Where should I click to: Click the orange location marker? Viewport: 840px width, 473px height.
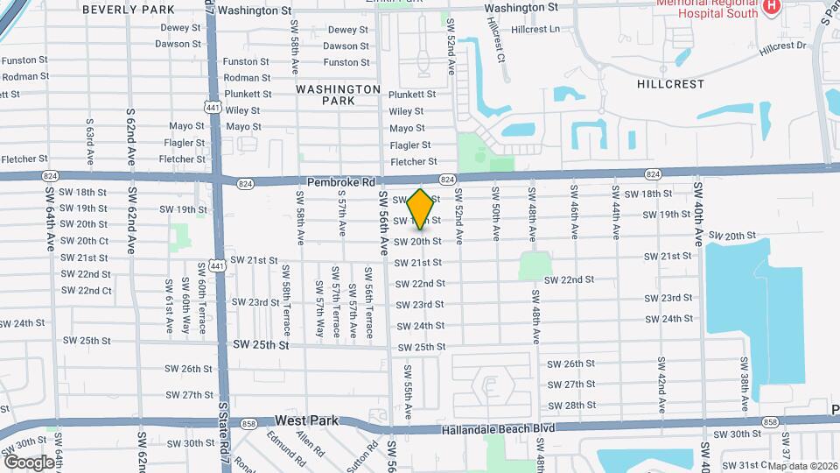click(420, 208)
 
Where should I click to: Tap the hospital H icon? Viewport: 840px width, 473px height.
click(771, 7)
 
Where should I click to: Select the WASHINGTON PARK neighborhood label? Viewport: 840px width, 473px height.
click(338, 95)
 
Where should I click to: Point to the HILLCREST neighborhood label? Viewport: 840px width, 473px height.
click(670, 84)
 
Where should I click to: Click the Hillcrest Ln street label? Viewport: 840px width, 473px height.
click(535, 29)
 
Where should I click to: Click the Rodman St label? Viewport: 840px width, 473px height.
click(24, 77)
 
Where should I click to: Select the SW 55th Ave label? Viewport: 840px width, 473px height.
click(408, 387)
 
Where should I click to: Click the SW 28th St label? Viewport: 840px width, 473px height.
click(570, 406)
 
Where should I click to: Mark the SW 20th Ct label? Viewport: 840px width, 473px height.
click(85, 241)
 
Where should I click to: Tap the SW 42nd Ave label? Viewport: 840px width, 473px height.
click(661, 380)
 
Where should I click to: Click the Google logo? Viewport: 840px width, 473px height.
click(29, 462)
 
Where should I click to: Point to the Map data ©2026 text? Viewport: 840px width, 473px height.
click(802, 466)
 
